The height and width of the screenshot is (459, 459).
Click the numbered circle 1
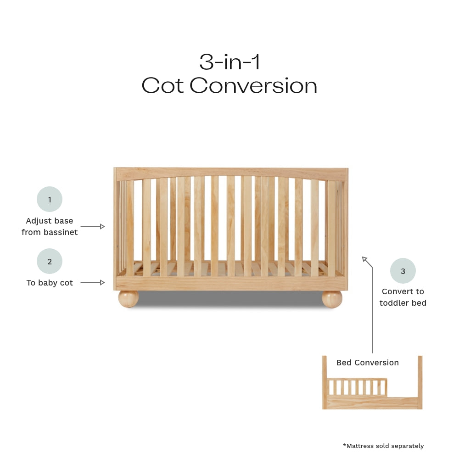(x=50, y=199)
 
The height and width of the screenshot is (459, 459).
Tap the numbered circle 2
(x=50, y=262)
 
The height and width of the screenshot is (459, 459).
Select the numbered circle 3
(x=403, y=271)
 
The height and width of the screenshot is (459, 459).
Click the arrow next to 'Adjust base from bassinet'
(x=93, y=226)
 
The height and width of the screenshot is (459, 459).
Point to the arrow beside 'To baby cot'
(x=93, y=283)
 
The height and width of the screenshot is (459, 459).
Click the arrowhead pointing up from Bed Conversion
(x=365, y=259)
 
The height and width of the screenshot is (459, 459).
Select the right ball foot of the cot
(x=332, y=298)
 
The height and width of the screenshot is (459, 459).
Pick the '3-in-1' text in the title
(x=229, y=62)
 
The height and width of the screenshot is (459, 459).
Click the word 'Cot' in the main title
(x=163, y=86)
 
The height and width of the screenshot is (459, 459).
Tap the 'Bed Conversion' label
(x=367, y=363)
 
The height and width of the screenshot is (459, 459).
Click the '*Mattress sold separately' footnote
(x=383, y=446)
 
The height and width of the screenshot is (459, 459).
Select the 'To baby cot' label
(x=50, y=283)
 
